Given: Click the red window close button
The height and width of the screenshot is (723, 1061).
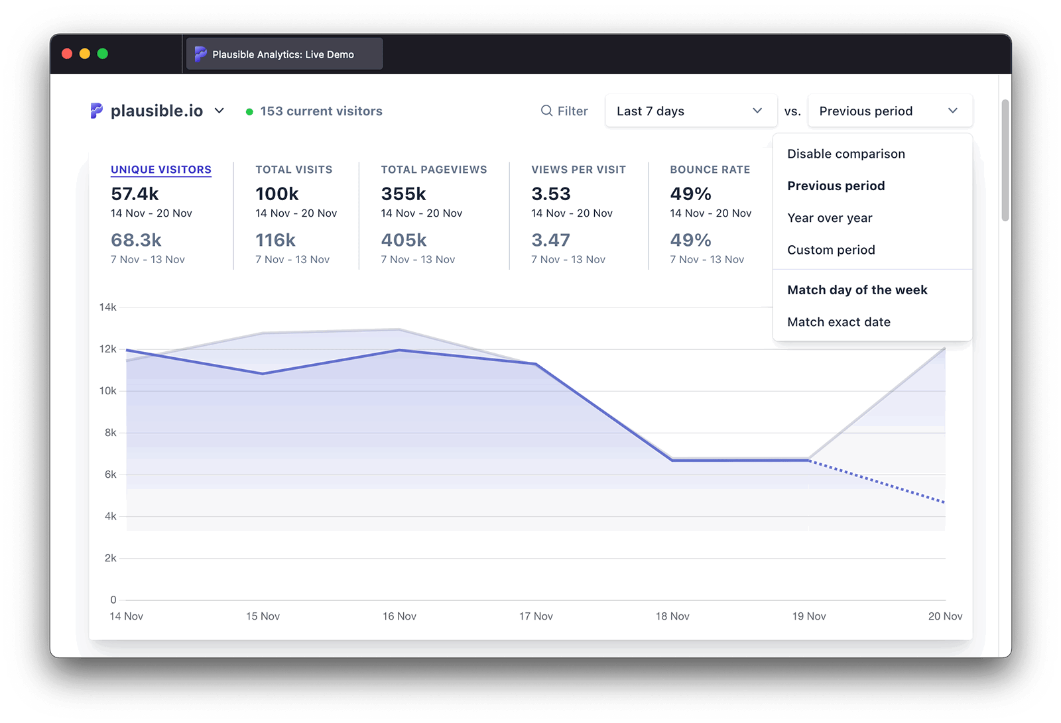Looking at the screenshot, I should tap(67, 54).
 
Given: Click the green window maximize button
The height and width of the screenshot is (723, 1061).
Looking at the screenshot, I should tap(103, 54).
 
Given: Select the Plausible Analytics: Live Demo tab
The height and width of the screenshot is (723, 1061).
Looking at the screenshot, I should tap(283, 54).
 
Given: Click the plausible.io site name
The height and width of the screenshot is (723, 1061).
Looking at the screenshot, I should tap(156, 111).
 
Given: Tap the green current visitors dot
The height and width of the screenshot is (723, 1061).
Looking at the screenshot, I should tap(249, 112).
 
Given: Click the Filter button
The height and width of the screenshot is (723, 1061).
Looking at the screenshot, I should tap(564, 111).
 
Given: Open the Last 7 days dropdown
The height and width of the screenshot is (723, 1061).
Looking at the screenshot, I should tap(690, 111).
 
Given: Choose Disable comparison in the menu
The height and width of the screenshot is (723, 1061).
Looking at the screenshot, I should tap(845, 154).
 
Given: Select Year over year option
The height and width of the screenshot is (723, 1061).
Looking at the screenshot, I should tap(830, 218).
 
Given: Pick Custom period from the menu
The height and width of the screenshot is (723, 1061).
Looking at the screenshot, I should tap(831, 250).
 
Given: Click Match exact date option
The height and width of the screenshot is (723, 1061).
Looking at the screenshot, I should tap(839, 322).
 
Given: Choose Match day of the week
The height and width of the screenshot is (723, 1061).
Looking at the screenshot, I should tap(857, 290).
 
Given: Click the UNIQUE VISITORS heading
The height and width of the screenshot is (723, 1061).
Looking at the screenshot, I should tap(161, 170).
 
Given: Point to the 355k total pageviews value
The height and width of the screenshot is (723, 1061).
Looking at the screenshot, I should tap(403, 194).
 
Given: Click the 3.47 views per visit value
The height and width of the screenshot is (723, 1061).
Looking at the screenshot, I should tap(550, 240).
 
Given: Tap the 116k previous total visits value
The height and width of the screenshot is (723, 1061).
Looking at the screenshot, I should tap(275, 240).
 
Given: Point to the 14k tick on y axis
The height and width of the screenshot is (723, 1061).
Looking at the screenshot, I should tap(107, 307).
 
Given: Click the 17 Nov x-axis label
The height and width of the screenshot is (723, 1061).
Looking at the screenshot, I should tap(536, 616).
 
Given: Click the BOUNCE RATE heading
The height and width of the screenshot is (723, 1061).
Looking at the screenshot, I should tap(710, 170).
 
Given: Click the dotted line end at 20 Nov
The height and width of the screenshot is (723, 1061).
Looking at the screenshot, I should tap(944, 502).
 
